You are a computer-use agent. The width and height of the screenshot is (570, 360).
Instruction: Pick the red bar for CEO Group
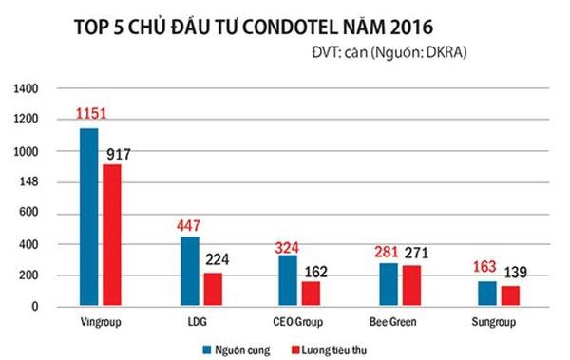[311, 294]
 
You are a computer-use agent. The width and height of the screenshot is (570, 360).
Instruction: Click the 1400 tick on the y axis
[26, 88]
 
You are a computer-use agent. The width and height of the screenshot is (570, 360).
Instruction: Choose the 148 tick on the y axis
[28, 182]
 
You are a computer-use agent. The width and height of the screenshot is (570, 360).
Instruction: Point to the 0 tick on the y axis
[35, 307]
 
